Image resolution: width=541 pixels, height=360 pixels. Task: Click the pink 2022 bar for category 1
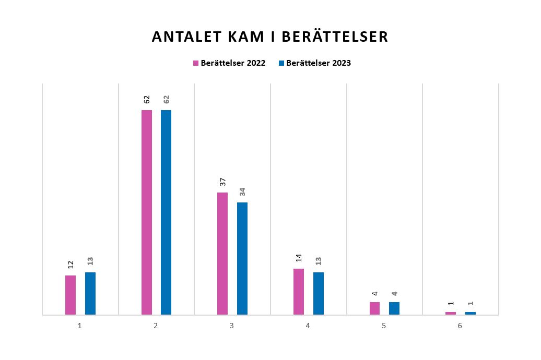click(x=70, y=295)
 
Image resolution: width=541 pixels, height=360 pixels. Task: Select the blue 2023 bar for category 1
click(x=90, y=293)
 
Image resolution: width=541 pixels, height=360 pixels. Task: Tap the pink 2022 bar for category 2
click(x=147, y=212)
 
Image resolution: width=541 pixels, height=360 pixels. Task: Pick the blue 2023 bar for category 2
click(x=166, y=212)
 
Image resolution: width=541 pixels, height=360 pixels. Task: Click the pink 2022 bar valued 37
click(x=222, y=253)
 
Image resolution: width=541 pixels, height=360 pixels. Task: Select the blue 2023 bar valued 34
click(x=242, y=258)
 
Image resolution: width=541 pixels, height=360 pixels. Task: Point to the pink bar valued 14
click(x=299, y=291)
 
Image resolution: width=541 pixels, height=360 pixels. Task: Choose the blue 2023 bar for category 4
click(x=319, y=293)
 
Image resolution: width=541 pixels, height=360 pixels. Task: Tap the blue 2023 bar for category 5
click(x=394, y=308)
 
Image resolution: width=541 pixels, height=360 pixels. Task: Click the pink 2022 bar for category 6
click(x=451, y=313)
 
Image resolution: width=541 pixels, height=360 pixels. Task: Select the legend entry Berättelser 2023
click(x=315, y=63)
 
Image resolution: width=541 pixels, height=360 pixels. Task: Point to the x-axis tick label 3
click(x=232, y=326)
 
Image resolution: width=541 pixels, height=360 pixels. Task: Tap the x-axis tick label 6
click(x=460, y=326)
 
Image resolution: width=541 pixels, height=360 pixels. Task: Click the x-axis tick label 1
click(x=80, y=326)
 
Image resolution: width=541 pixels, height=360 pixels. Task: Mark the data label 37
click(x=222, y=182)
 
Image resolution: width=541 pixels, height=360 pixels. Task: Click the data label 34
click(x=242, y=191)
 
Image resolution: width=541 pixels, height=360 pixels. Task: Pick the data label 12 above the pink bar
click(x=70, y=265)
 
